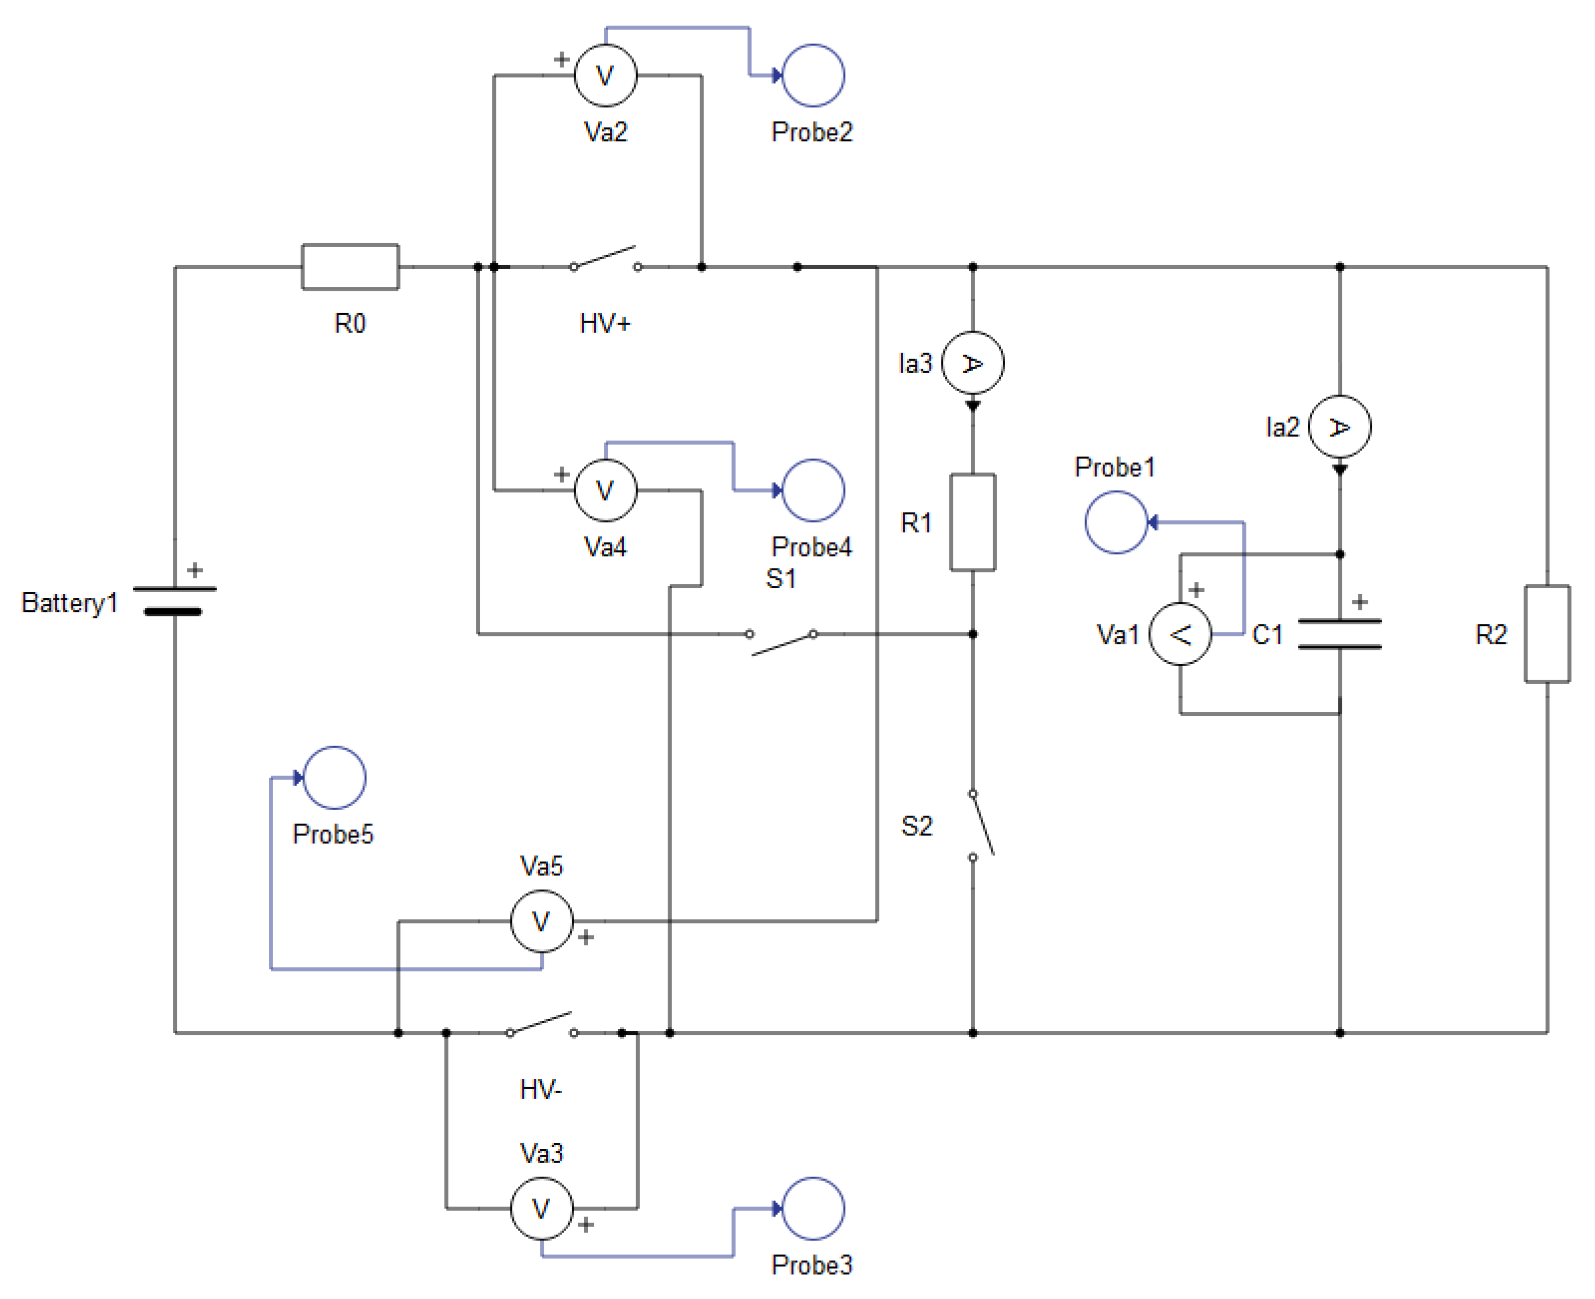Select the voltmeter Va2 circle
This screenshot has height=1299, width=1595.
click(605, 75)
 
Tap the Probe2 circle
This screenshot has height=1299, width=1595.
click(813, 75)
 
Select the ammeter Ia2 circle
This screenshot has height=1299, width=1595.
click(1339, 426)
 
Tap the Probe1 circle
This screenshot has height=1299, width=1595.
click(1115, 522)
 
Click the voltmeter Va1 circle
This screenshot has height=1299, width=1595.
click(1180, 634)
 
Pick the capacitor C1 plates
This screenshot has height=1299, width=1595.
click(1339, 634)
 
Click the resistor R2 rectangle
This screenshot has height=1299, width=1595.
click(1547, 634)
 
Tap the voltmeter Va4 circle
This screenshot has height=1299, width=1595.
click(605, 490)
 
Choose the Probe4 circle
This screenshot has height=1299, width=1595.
click(813, 490)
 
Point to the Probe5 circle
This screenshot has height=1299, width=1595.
click(335, 778)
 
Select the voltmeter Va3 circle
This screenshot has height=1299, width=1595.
click(542, 1209)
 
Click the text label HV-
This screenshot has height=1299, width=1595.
click(541, 1090)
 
